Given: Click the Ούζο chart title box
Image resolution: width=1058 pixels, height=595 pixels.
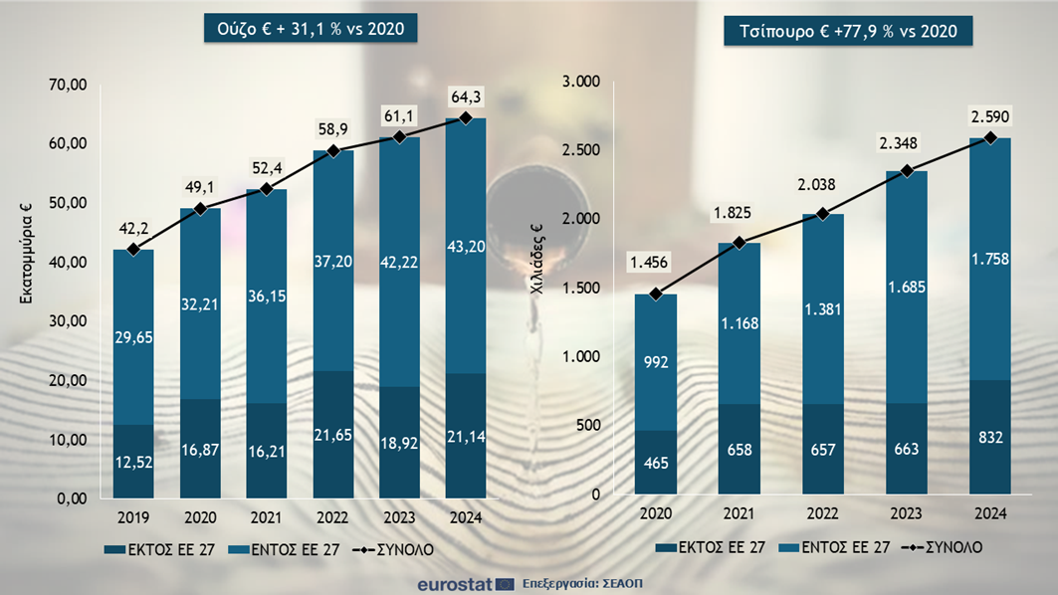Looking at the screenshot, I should click(311, 30).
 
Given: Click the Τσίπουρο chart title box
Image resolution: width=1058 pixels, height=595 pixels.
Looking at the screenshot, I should click(848, 32).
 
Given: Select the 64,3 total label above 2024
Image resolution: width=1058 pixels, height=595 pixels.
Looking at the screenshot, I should click(465, 97).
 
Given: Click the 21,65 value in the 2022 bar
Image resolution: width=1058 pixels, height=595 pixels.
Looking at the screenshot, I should click(332, 439).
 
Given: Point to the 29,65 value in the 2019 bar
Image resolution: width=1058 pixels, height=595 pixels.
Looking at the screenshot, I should click(132, 339).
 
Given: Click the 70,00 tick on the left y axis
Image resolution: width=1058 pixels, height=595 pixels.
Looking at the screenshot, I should click(69, 86).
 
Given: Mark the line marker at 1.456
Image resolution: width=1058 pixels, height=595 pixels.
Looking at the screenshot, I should click(655, 295).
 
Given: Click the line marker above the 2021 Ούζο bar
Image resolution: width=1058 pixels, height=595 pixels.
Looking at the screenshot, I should click(266, 189).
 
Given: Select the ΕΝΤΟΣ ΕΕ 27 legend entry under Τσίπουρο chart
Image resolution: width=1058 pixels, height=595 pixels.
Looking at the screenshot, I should click(834, 547).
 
